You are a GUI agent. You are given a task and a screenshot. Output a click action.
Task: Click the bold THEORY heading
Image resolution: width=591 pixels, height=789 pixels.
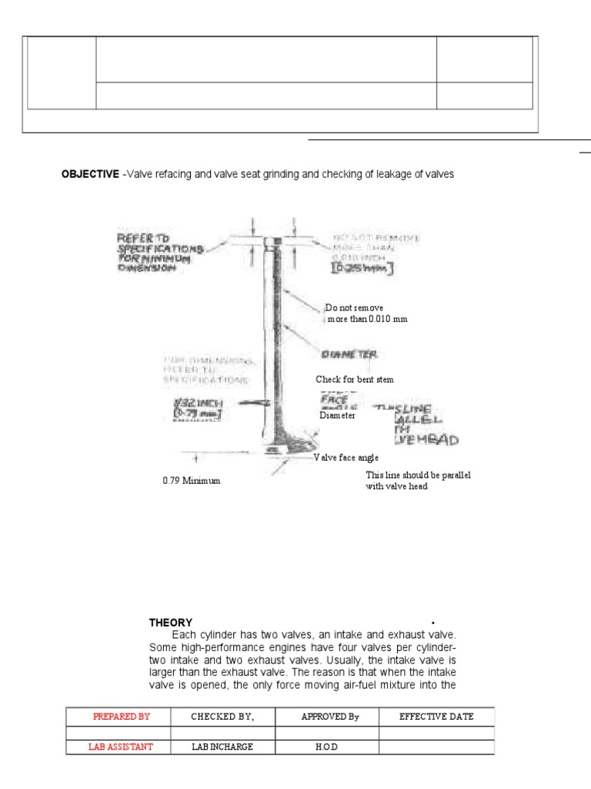171,623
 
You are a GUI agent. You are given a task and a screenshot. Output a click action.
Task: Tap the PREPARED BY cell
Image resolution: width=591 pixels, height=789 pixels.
122,717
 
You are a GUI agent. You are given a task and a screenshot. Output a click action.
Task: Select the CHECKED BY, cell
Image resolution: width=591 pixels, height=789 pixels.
222,717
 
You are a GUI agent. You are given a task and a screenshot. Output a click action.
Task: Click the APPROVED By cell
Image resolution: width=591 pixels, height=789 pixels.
329,717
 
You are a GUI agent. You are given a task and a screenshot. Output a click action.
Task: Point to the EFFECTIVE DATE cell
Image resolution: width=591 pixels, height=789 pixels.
436,717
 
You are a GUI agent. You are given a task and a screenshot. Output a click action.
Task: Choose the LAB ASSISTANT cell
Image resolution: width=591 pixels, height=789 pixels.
122,747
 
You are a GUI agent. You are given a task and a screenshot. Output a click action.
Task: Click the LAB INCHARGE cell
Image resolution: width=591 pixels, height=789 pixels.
222,747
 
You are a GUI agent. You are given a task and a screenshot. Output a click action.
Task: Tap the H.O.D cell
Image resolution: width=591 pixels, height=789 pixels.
329,747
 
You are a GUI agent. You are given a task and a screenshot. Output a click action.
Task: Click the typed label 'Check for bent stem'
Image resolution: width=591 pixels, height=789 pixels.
355,379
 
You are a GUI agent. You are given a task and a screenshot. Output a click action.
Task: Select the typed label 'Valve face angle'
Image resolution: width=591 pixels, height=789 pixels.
346,457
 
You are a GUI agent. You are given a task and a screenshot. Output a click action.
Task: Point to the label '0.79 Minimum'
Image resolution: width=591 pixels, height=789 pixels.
191,480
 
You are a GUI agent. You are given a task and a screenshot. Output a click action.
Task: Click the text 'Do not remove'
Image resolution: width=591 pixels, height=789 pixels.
354,307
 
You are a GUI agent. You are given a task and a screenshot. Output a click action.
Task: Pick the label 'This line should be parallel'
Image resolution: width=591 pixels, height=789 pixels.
417,475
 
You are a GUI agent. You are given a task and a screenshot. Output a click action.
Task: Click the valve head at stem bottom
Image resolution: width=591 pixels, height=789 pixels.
276,447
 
